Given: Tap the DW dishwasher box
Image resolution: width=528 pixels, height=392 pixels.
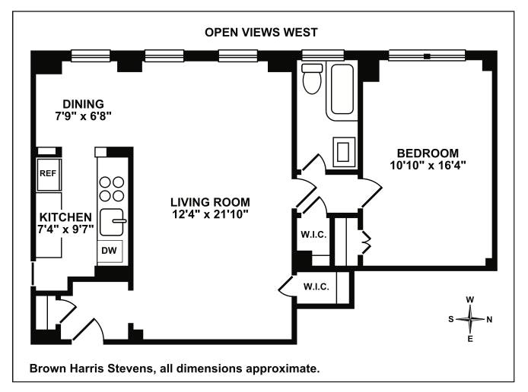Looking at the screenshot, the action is (110, 251).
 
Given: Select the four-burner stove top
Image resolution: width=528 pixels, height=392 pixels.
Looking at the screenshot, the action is (112, 189).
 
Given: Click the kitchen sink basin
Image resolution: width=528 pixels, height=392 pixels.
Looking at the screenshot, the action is (112, 222).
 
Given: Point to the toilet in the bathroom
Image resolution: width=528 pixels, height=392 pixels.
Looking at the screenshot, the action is (312, 78).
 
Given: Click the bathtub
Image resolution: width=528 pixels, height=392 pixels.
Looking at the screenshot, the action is (342, 90).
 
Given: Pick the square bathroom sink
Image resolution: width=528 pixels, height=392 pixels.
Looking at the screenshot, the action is (344, 152).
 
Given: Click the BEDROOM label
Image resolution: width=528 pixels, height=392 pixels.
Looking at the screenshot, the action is (428, 153).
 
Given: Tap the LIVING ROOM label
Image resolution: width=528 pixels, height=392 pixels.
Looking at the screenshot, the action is (210, 202).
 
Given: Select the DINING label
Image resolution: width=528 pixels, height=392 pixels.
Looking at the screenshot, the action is (83, 104).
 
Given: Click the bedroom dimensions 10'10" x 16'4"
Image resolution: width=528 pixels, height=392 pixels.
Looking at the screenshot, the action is (428, 166).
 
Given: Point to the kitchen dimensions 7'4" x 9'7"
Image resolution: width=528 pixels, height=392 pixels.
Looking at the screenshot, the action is (65, 229).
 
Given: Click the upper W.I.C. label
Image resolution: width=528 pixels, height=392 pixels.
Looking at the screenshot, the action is (313, 234).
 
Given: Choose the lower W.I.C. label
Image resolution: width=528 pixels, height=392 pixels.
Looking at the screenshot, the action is (316, 286).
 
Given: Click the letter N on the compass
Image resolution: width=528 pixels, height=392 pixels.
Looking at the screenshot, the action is (489, 319).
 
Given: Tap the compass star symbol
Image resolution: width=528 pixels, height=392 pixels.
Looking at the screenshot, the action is (470, 319).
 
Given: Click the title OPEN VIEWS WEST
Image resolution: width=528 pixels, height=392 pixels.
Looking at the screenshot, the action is (261, 32).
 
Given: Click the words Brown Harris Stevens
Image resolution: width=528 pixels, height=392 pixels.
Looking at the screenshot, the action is (91, 368).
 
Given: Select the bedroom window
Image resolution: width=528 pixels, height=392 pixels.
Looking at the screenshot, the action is (427, 55).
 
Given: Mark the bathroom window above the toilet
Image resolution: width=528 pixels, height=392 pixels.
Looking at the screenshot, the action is (323, 55).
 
